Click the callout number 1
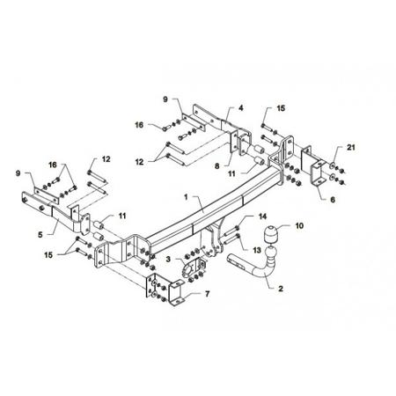coord(186,197)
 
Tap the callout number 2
coord(281,289)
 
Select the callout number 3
coord(168,259)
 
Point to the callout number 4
coord(241,108)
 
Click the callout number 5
coord(40,235)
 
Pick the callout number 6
coord(333,200)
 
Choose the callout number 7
coord(208,294)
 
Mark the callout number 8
coord(216,166)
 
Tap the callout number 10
coord(299,226)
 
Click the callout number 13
coord(257,250)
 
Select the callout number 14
coord(262,216)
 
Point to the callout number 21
coord(351,147)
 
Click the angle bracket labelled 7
coord(165,290)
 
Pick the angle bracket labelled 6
coord(314,165)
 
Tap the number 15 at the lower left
coord(48,255)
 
